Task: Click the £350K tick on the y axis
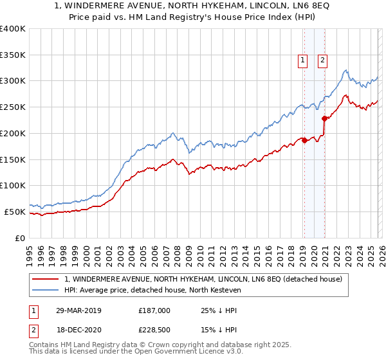pyautogui.click(x=12, y=55)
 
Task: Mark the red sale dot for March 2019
pyautogui.click(x=304, y=140)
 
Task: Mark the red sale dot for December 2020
pyautogui.click(x=324, y=118)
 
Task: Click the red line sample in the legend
pyautogui.click(x=46, y=279)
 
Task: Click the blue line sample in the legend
pyautogui.click(x=46, y=290)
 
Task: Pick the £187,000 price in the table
pyautogui.click(x=154, y=310)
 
